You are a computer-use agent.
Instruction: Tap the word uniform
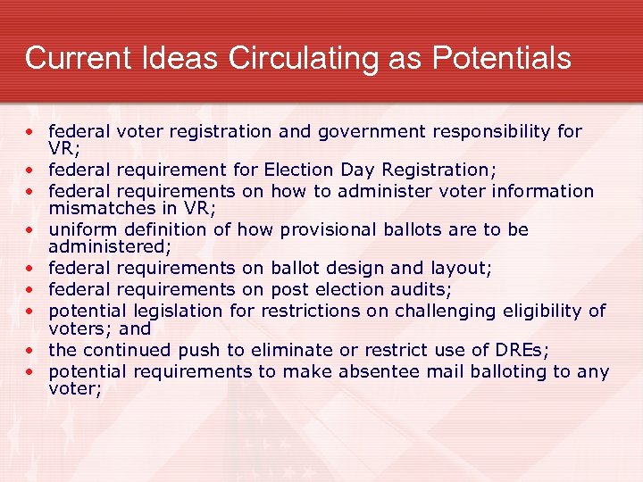click(x=80, y=230)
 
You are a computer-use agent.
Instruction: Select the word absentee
click(x=379, y=371)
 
